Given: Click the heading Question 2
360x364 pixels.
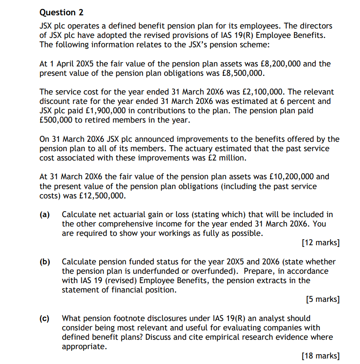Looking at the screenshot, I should [x=58, y=12].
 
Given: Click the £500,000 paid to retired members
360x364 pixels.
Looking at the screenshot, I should [x=55, y=120].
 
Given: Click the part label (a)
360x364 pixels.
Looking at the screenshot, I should [x=45, y=215].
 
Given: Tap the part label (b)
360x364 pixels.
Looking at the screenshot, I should [x=45, y=262].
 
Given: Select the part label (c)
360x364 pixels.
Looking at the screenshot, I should [x=45, y=318].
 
